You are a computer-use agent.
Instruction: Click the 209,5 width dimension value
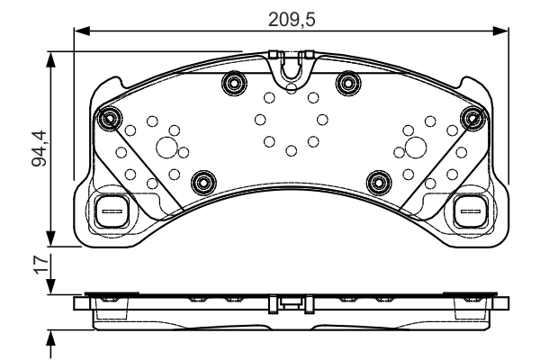coord(292,20)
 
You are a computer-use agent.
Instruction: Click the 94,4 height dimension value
coord(39,148)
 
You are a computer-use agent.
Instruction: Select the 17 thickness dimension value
coord(41,265)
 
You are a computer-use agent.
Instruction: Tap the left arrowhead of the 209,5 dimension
coord(82,31)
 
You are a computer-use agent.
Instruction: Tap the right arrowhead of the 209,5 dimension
coord(500,31)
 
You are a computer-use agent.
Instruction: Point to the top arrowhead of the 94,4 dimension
coord(51,60)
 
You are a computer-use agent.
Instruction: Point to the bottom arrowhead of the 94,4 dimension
coord(51,238)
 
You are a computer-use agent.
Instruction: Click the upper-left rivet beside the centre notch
coord(235,83)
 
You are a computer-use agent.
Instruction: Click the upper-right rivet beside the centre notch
coord(348,83)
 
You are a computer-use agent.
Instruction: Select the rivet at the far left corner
coord(110,119)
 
